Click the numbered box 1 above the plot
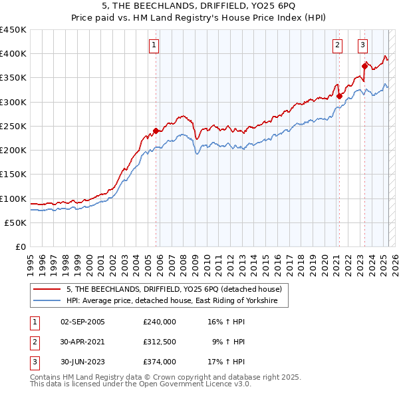[154, 45]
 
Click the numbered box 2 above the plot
[338, 45]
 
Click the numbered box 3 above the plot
[363, 45]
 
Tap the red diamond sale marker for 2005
[156, 131]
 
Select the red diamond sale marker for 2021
[339, 96]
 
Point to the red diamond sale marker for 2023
[364, 65]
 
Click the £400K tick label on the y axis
[13, 54]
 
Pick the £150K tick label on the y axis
[13, 175]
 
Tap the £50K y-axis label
[16, 223]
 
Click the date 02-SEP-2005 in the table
[82, 322]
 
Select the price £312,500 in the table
[160, 342]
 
